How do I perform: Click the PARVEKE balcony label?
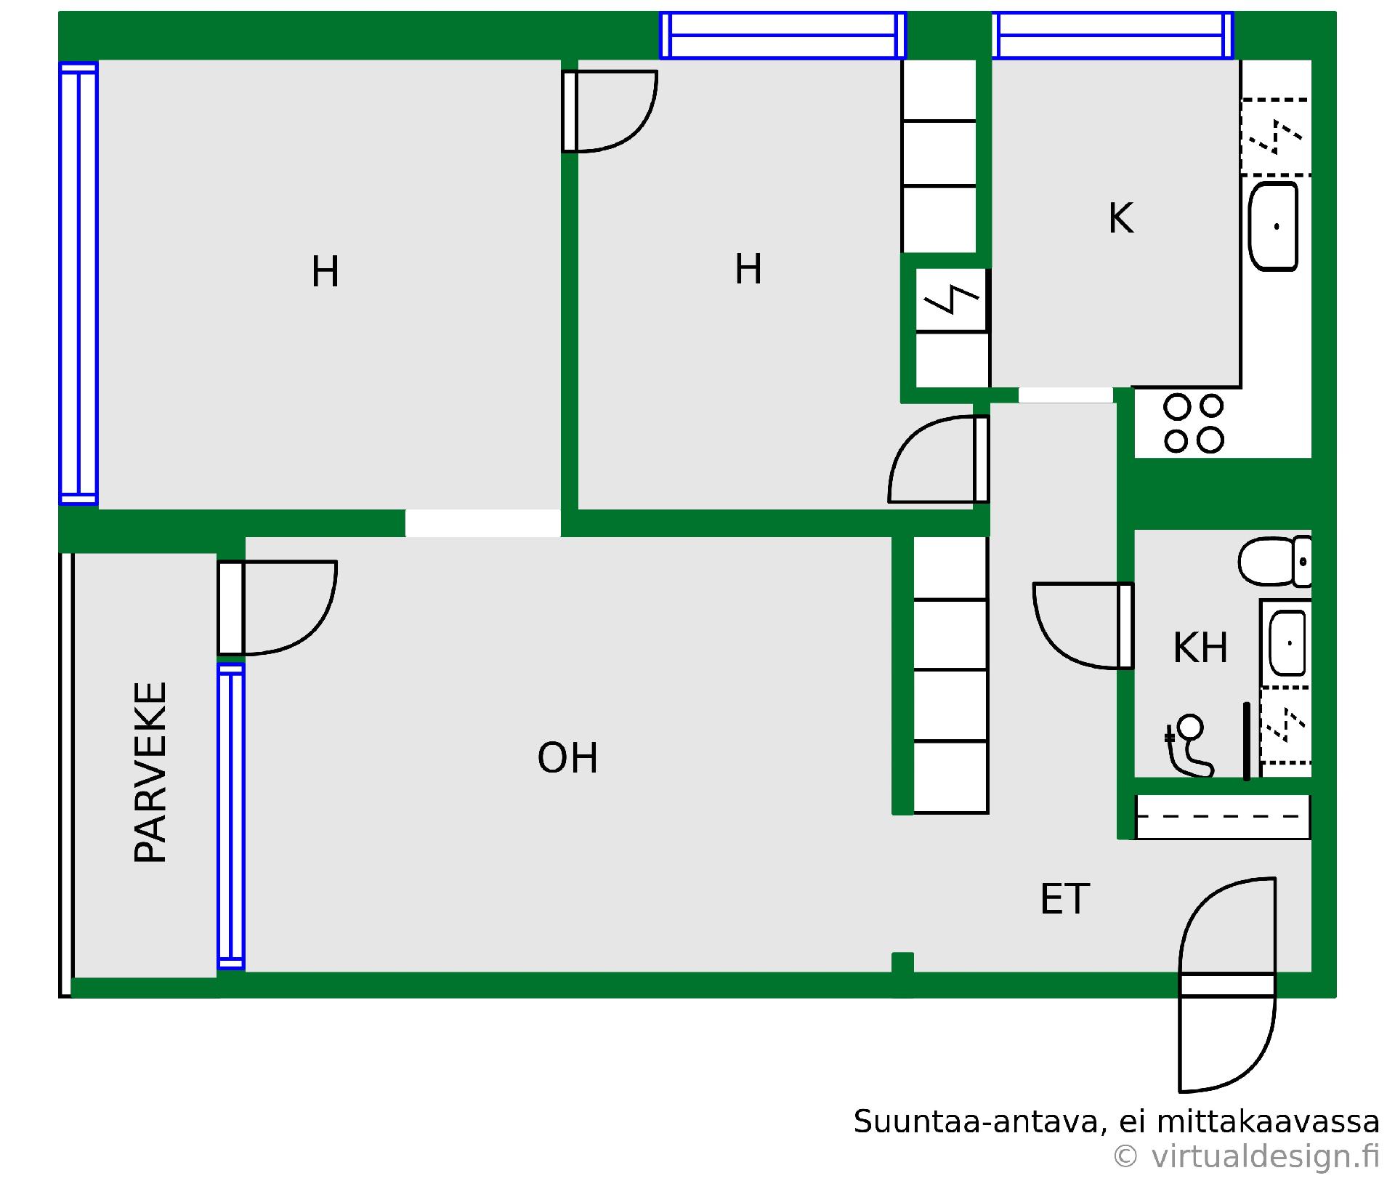(150, 772)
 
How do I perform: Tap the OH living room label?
(567, 758)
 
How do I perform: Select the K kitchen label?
(1120, 218)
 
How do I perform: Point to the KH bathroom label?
(1200, 648)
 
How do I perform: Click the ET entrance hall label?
(1064, 899)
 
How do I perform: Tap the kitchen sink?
(1273, 226)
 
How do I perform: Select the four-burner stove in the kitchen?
(1193, 423)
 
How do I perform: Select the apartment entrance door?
(1227, 985)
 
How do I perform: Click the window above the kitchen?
(1112, 35)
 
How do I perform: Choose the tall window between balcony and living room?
(231, 816)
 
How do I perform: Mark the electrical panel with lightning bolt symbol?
(952, 300)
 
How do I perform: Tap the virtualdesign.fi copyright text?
(1245, 1156)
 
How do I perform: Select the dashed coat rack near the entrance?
(1222, 817)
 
